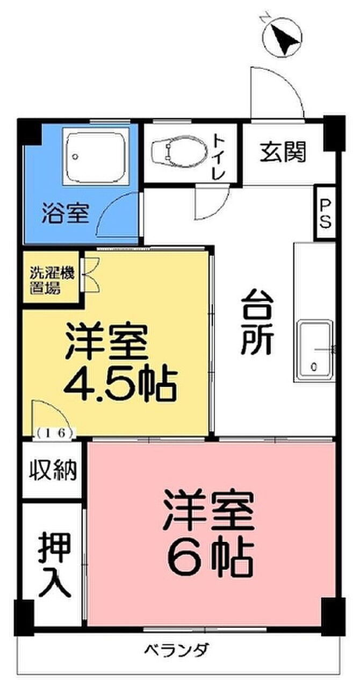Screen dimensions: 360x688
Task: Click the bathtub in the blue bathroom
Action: (x=96, y=156)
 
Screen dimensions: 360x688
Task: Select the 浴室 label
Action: (x=66, y=213)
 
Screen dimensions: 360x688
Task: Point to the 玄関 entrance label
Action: (x=283, y=152)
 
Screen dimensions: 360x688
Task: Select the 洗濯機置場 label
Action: (x=52, y=281)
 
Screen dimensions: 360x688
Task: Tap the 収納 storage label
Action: (x=53, y=470)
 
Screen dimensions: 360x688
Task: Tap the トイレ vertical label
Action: (x=220, y=156)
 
